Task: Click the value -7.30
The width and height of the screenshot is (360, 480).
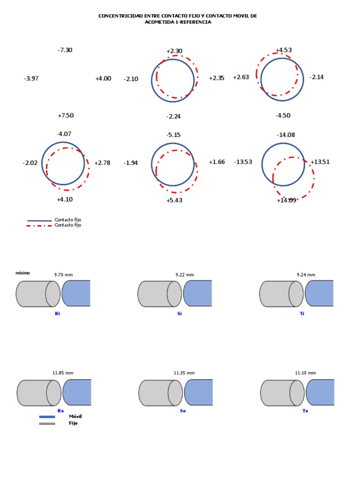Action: point(65,50)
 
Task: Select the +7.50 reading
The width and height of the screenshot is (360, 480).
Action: point(66,116)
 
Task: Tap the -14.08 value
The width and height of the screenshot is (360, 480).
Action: point(285,135)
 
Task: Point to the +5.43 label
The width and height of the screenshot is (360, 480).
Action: point(174,201)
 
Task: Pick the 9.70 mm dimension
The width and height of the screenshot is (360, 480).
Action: point(63,275)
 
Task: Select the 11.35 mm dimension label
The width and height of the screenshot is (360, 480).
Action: point(184,373)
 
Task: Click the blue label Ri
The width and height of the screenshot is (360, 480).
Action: point(58,314)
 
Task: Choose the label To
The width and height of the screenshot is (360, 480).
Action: point(305,411)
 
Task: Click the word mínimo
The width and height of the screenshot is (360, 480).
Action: point(22,272)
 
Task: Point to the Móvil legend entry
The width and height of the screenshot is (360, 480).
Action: point(75,416)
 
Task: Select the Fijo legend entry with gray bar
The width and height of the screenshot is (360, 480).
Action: point(73,423)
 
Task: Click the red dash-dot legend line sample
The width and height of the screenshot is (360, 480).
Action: point(39,225)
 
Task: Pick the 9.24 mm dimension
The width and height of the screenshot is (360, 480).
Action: point(306,275)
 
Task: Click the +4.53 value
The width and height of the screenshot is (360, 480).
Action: point(284,50)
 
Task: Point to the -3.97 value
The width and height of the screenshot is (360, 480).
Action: point(31,79)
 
